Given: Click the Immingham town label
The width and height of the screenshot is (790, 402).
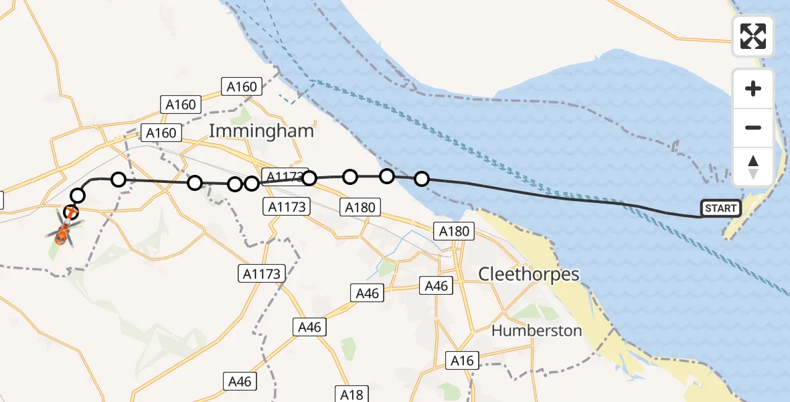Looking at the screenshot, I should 261,131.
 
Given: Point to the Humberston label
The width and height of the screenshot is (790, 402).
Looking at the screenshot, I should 536,330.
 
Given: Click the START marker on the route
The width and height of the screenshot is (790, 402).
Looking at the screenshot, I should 720,208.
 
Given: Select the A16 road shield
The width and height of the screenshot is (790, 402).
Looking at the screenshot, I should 462,361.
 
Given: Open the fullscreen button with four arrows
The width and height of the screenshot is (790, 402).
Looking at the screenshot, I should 753,36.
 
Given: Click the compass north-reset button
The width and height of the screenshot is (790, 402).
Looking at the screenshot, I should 753,167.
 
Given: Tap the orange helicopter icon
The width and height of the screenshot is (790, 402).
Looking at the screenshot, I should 62,232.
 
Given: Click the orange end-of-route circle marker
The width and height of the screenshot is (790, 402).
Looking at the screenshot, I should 71,213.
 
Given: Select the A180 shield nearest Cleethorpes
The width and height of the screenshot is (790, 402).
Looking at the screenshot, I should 455,232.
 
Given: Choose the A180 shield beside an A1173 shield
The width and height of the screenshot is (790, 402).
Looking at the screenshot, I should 360,208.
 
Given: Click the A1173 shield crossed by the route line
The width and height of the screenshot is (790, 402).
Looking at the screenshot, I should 284,176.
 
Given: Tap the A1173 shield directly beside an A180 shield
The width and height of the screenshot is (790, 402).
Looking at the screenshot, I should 286,206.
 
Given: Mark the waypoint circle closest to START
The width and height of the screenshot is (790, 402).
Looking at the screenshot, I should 422,179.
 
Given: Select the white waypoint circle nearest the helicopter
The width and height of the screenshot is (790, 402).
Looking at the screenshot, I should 78,196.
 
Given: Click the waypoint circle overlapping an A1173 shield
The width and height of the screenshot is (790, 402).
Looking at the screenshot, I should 309,178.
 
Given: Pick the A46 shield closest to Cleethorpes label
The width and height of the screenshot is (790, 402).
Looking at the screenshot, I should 437,285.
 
